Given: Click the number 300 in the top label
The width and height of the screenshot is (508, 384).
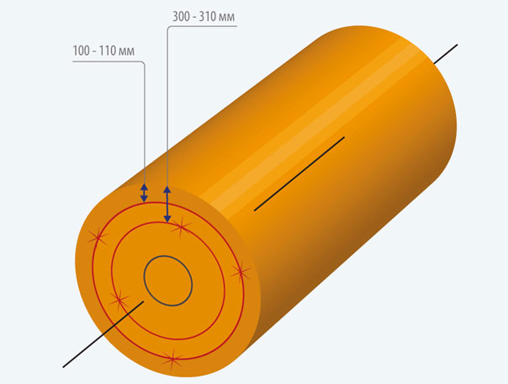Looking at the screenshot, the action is point(181,16).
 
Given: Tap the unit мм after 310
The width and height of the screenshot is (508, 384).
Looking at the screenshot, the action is point(226,18).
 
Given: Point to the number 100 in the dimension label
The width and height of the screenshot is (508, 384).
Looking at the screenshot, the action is point(81,51).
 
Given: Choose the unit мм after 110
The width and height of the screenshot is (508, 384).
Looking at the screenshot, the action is point(126,52).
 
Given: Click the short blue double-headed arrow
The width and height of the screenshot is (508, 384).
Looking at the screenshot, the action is point(144,193).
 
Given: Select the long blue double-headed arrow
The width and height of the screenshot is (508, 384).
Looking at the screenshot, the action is point(167,205).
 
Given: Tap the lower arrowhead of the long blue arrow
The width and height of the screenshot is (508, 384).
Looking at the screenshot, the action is point(167,219).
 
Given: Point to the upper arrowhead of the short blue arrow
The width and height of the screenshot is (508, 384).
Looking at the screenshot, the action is point(144,187).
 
